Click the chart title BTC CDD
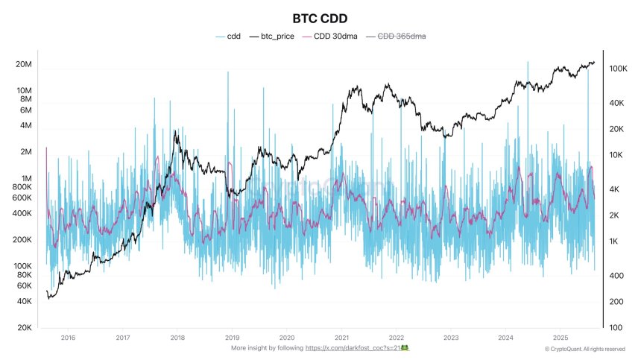click(x=320, y=17)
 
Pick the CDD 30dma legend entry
click(x=341, y=36)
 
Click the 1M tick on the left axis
click(x=27, y=178)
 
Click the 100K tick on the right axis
click(x=621, y=69)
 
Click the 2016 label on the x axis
click(x=69, y=338)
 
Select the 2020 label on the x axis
click(x=287, y=338)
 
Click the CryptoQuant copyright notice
click(x=584, y=349)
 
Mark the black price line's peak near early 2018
click(x=176, y=132)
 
